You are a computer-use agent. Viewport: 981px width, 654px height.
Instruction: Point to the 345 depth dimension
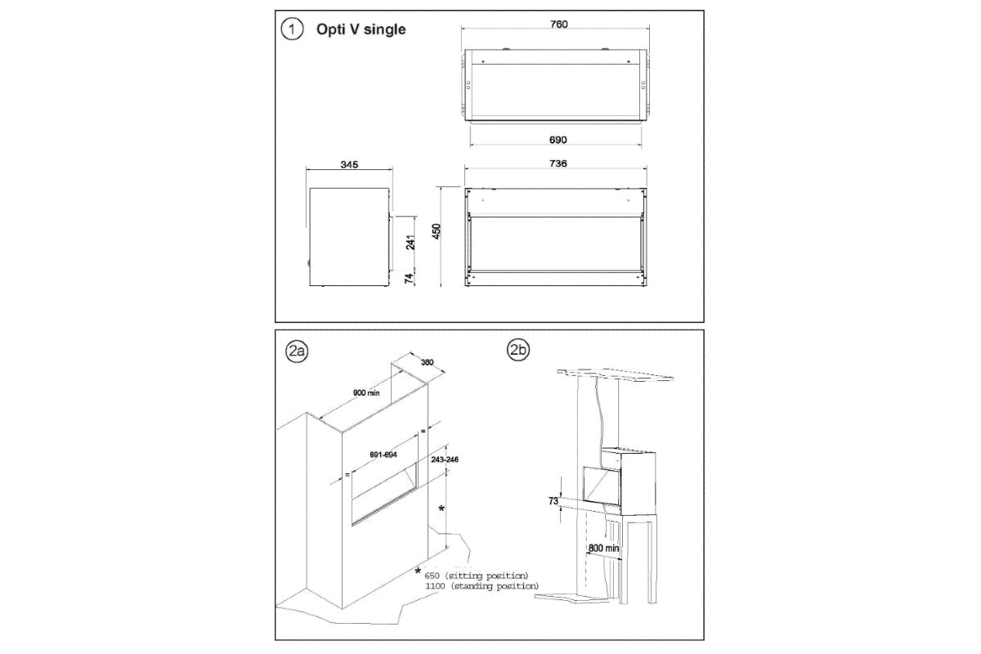[347, 164]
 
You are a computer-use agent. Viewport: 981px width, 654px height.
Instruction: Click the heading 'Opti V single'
[361, 29]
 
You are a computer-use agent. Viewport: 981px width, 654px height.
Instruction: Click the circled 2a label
[295, 352]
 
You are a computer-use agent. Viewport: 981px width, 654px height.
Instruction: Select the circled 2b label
[518, 351]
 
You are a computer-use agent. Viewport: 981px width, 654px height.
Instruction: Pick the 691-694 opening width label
[383, 455]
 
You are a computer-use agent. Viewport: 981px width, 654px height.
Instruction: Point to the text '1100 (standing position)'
[482, 586]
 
